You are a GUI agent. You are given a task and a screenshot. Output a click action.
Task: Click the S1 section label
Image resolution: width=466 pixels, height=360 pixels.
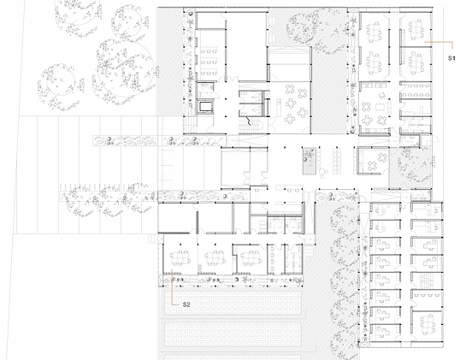click(451, 58)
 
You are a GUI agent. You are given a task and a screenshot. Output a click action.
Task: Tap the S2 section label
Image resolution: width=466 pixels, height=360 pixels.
click(186, 304)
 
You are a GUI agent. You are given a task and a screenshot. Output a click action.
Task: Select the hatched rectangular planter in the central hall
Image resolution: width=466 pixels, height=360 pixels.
click(309, 161)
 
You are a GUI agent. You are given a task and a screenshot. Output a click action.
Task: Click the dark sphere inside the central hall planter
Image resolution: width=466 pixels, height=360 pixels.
click(305, 160)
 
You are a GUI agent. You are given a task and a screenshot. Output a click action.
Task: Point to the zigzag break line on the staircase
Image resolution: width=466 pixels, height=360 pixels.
click(249, 121)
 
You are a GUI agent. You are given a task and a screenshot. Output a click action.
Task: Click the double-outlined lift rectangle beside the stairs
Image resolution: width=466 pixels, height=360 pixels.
click(205, 107)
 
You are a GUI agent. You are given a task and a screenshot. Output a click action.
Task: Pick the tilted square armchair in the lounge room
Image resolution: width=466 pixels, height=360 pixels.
click(382, 95)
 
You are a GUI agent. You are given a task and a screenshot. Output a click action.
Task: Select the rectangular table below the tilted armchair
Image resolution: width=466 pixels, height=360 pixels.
click(380, 106)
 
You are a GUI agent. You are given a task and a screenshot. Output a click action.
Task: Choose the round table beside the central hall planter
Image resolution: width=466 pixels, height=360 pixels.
click(321, 172)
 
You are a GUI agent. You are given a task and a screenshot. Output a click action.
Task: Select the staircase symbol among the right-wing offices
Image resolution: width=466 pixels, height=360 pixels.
click(426, 280)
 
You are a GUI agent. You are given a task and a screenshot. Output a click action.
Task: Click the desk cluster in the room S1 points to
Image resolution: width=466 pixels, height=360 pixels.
click(416, 29)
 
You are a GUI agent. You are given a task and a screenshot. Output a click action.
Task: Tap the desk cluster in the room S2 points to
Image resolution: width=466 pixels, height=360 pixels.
click(180, 258)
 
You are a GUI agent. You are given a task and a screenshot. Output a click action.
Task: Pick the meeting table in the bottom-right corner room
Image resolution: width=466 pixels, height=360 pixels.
click(427, 324)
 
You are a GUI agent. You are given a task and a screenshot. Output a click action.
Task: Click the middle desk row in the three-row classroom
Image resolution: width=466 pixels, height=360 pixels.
click(209, 62)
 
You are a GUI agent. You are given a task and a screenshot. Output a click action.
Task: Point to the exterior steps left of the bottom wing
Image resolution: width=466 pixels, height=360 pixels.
click(152, 239)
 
